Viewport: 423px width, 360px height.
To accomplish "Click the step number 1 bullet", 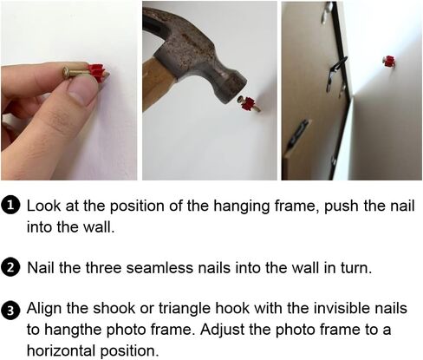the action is pos(10,206).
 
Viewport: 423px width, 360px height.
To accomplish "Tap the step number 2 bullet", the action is pos(10,268).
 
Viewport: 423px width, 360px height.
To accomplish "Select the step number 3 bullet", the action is pos(10,311).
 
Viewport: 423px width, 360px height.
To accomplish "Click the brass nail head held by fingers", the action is pos(67,72).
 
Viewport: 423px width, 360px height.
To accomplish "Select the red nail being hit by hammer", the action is pos(249,104).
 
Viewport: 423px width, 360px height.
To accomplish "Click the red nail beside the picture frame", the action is pos(389,62).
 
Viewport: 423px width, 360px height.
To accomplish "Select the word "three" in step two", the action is pos(103,268).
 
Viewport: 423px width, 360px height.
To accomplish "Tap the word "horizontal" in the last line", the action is pos(61,350).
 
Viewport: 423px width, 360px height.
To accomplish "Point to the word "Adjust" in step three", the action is pos(222,331).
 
